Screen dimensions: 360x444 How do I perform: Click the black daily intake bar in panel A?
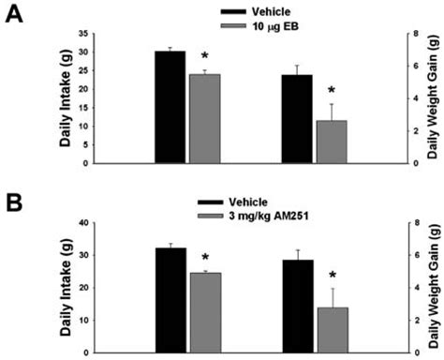(x=170, y=107)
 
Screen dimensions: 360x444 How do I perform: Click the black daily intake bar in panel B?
(x=170, y=300)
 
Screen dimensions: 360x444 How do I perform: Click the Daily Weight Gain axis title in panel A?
(x=435, y=98)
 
